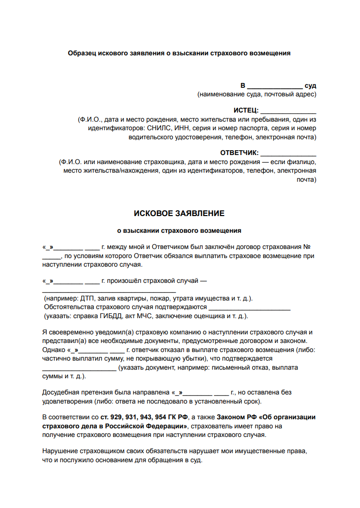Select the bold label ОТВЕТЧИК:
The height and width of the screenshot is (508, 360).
pyautogui.click(x=239, y=153)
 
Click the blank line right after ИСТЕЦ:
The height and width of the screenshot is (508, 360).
pyautogui.click(x=288, y=111)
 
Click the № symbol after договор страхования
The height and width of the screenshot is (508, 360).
pyautogui.click(x=308, y=247)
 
